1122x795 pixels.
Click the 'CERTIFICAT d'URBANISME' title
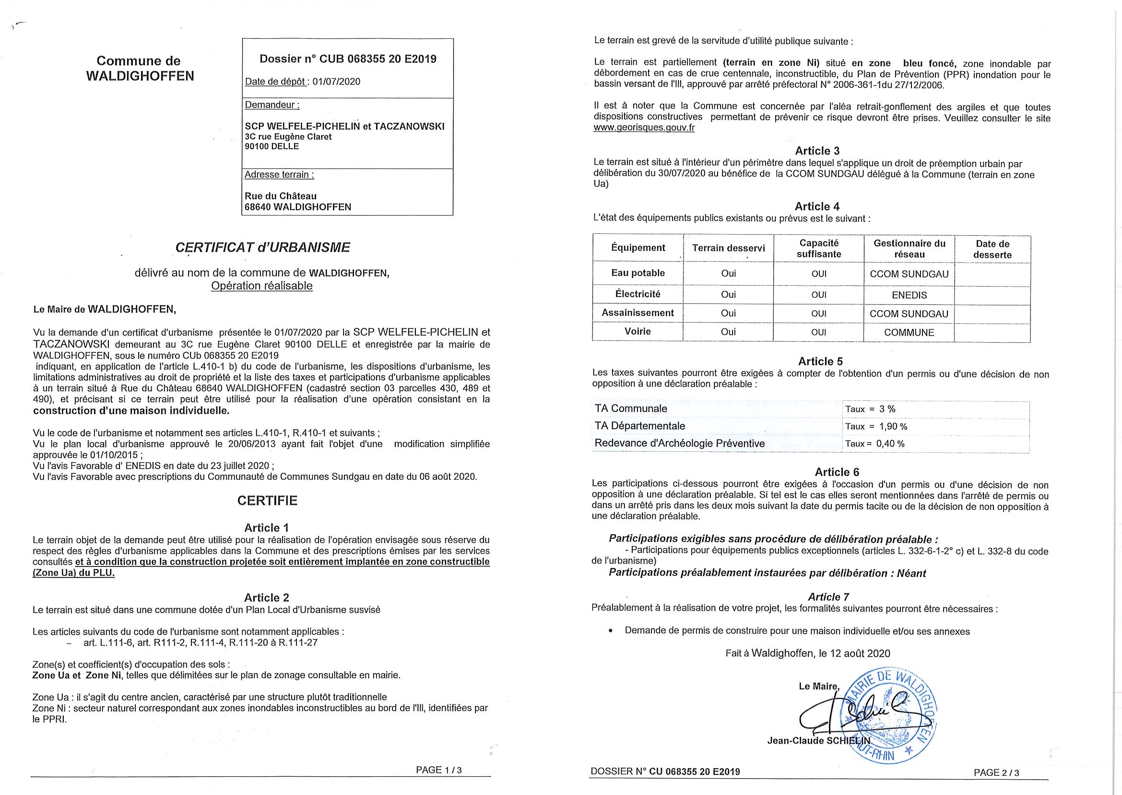pyautogui.click(x=262, y=248)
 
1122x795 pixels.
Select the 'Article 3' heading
pyautogui.click(x=817, y=151)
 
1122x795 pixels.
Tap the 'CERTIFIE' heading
pyautogui.click(x=267, y=500)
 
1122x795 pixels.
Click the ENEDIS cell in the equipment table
pyautogui.click(x=909, y=295)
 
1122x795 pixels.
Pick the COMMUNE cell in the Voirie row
pyautogui.click(x=909, y=332)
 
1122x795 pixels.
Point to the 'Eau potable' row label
pyautogui.click(x=638, y=273)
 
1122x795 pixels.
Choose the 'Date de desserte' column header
pyautogui.click(x=992, y=249)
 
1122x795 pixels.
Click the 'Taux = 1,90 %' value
pyautogui.click(x=876, y=426)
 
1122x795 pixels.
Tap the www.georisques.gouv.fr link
pyautogui.click(x=644, y=128)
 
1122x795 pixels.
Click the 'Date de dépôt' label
pyautogui.click(x=275, y=81)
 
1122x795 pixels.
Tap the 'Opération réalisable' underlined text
pyautogui.click(x=261, y=286)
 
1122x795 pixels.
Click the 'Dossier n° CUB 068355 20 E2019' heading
pyautogui.click(x=348, y=59)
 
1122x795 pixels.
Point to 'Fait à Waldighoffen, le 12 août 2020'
pyautogui.click(x=807, y=653)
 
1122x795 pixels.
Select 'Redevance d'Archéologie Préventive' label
pyautogui.click(x=679, y=444)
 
